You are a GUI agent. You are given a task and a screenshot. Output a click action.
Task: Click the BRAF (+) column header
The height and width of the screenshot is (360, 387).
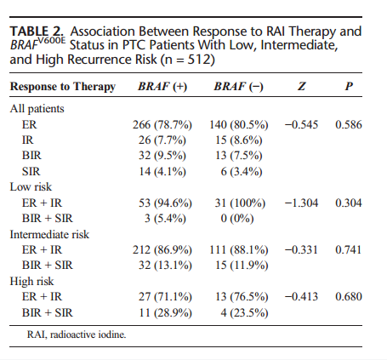pyautogui.click(x=162, y=86)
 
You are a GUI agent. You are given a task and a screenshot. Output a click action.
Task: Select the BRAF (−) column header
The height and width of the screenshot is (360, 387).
pyautogui.click(x=238, y=86)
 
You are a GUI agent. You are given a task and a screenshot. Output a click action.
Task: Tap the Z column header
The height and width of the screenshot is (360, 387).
pyautogui.click(x=302, y=86)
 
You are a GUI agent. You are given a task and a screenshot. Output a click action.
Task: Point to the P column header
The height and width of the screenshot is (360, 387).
pyautogui.click(x=349, y=86)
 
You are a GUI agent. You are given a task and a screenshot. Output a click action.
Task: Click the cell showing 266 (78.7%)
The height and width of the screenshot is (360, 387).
pyautogui.click(x=162, y=125)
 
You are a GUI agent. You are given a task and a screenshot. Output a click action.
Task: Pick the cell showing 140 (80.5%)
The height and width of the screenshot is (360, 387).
pyautogui.click(x=239, y=125)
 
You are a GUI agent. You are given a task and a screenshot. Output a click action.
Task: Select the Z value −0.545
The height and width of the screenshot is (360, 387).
pyautogui.click(x=301, y=125)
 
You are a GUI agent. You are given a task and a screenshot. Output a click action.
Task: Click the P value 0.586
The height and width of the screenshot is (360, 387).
pyautogui.click(x=349, y=125)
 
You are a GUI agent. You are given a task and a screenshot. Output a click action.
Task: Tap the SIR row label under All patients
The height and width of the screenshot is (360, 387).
pyautogui.click(x=31, y=172)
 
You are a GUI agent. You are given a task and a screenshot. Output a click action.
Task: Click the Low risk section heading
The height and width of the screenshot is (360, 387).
pyautogui.click(x=31, y=187)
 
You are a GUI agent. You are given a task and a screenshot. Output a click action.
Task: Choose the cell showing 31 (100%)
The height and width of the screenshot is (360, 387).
pyautogui.click(x=240, y=203)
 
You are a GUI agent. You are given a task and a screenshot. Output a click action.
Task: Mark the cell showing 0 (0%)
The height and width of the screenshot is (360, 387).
pyautogui.click(x=237, y=219)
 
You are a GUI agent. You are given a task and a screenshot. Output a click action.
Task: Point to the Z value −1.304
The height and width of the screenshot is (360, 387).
pyautogui.click(x=301, y=203)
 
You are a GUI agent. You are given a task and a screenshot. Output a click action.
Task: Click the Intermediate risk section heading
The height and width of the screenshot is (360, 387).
pyautogui.click(x=49, y=235)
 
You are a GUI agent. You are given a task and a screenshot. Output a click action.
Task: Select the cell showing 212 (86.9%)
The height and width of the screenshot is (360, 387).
pyautogui.click(x=162, y=250)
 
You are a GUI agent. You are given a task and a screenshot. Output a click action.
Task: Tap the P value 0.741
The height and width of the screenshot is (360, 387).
pyautogui.click(x=349, y=250)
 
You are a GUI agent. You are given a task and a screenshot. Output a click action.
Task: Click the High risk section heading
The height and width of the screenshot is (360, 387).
pyautogui.click(x=31, y=282)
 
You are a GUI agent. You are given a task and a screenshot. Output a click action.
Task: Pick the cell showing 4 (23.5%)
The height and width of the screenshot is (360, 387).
pyautogui.click(x=244, y=313)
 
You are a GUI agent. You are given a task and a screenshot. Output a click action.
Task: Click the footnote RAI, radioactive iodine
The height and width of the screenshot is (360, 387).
pyautogui.click(x=77, y=334)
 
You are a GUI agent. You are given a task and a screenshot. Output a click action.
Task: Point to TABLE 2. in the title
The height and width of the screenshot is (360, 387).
pyautogui.click(x=37, y=31)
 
